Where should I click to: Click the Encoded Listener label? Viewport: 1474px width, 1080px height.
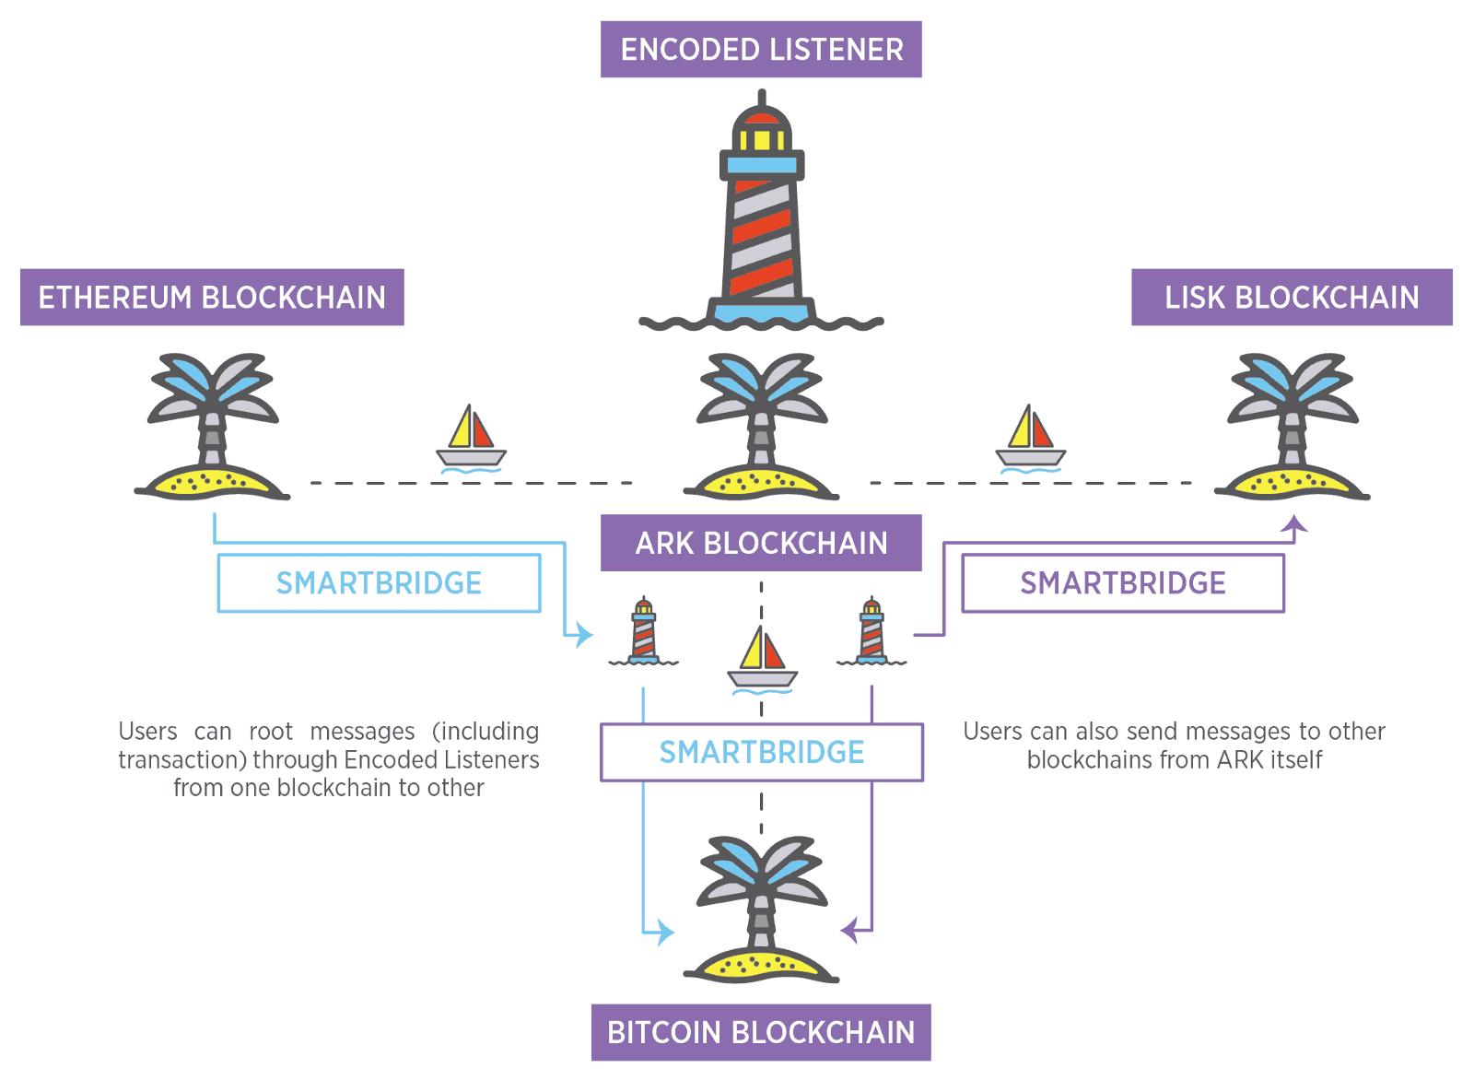761,50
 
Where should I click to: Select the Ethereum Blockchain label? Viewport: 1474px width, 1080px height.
212,298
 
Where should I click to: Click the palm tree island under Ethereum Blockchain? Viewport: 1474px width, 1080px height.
213,428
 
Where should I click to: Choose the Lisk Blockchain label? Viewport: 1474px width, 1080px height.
1292,298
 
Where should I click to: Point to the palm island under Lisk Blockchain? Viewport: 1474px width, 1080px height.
1293,428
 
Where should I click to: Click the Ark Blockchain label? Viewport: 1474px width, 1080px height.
761,543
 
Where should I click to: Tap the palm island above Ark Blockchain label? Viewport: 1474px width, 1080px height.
762,428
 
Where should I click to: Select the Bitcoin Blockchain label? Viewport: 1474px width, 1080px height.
761,1032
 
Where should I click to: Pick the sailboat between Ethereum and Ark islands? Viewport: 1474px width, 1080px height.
471,438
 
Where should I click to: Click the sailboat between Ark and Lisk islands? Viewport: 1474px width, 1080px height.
1031,438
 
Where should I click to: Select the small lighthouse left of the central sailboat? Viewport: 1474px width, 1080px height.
644,631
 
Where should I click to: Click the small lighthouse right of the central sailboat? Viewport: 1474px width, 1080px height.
872,631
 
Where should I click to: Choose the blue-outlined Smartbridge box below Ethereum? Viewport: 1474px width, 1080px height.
379,583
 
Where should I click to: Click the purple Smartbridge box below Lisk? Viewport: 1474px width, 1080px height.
1123,583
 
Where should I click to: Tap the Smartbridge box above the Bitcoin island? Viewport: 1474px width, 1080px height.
762,752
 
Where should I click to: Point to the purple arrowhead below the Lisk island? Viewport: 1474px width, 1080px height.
1294,525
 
